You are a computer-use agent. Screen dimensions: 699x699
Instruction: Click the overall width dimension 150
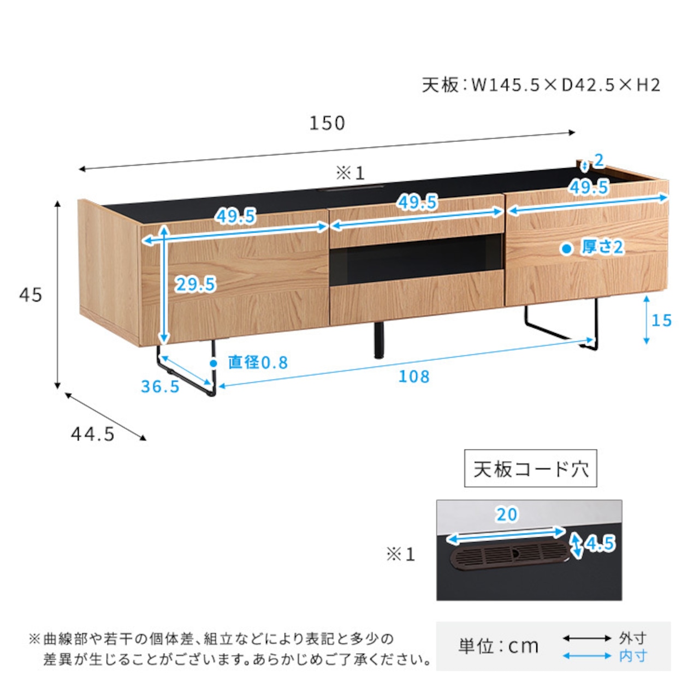(x=327, y=123)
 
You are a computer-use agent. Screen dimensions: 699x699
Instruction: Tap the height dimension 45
(x=31, y=295)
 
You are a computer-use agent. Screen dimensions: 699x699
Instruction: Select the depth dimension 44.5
(x=92, y=434)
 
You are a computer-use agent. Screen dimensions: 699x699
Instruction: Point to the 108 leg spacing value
(x=414, y=376)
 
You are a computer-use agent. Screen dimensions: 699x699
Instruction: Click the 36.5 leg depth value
(x=160, y=386)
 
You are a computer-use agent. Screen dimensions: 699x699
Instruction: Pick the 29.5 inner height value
(x=196, y=284)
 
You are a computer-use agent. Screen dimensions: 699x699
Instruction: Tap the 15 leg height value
(x=662, y=321)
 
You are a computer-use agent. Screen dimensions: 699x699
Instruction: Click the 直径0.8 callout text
(x=258, y=363)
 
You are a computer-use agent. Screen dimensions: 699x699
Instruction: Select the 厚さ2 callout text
(x=602, y=247)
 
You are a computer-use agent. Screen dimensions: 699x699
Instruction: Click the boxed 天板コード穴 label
(x=530, y=469)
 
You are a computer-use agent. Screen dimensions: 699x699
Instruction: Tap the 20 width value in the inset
(x=507, y=514)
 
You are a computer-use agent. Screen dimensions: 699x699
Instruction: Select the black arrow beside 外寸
(x=587, y=638)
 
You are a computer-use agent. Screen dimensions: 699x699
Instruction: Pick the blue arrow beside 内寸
(x=587, y=656)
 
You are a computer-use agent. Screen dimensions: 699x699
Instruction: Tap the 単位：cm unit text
(x=498, y=646)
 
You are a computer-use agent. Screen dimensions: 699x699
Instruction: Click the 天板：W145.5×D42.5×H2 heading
(x=541, y=86)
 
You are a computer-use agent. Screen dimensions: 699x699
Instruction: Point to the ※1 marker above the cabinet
(x=350, y=174)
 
